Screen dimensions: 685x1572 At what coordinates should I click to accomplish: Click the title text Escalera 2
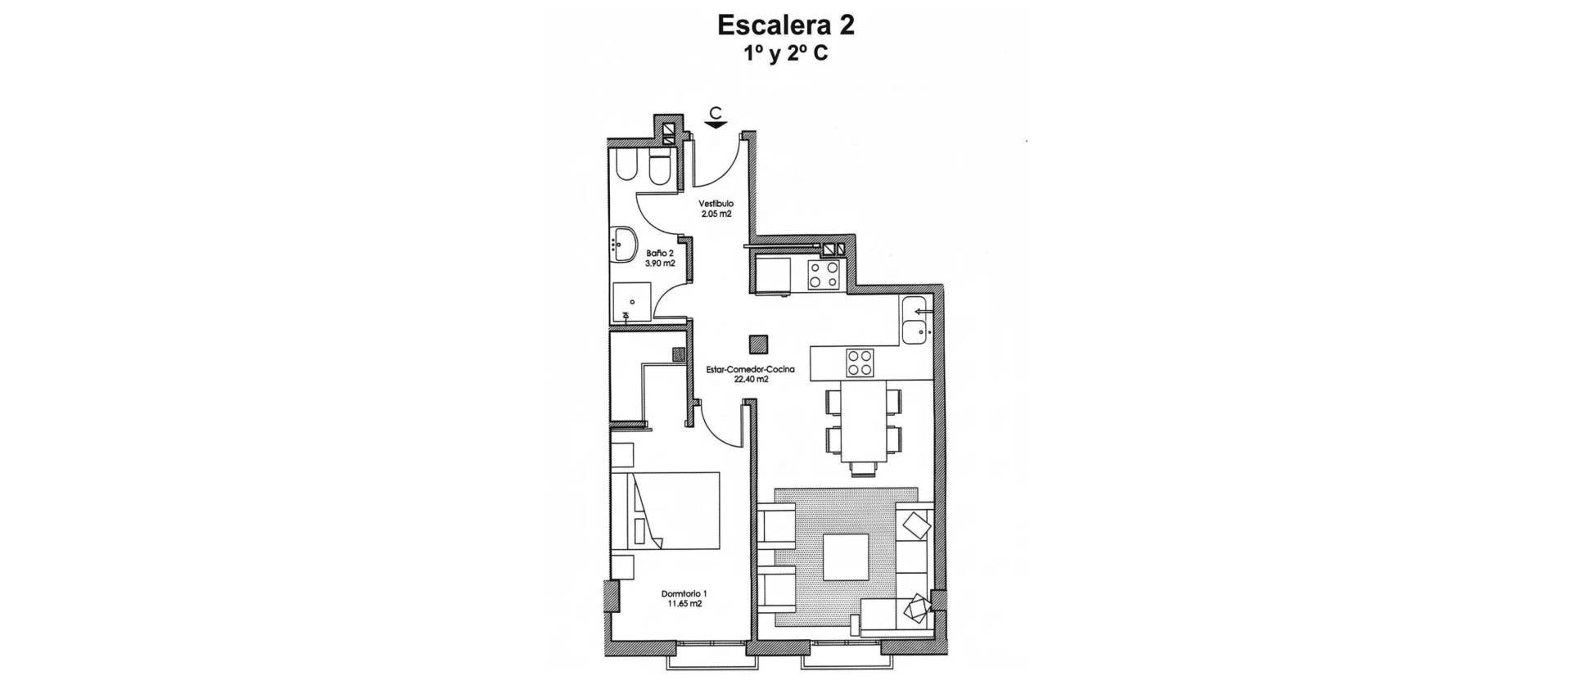click(x=785, y=25)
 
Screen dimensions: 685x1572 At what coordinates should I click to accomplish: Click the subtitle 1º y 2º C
click(x=785, y=54)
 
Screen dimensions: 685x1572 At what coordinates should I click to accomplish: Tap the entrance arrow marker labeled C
click(x=716, y=118)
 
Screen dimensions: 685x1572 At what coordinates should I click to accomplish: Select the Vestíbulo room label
click(x=716, y=203)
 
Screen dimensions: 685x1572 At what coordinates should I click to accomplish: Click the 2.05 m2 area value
click(x=716, y=214)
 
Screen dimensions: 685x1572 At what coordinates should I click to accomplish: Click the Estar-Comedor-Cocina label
click(x=739, y=369)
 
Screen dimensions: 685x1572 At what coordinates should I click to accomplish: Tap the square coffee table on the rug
click(x=846, y=557)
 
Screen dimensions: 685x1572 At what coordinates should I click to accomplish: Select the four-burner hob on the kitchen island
click(x=860, y=363)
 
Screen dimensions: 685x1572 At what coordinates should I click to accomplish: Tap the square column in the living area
click(x=761, y=344)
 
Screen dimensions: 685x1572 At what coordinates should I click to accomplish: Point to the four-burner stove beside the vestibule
click(x=824, y=274)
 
